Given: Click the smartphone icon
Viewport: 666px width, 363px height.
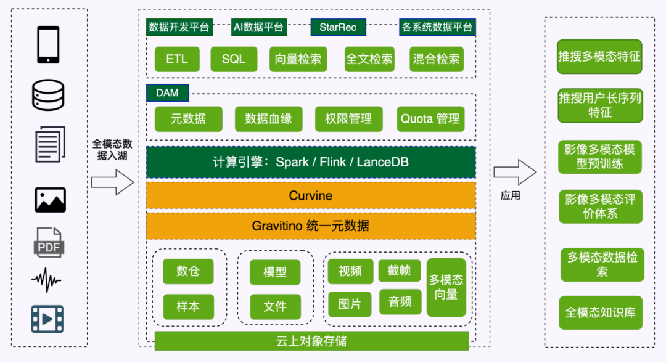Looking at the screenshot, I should click(48, 45).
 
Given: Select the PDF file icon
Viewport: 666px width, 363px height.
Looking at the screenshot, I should click(48, 242).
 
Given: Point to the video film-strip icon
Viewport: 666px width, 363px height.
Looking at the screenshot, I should click(48, 319).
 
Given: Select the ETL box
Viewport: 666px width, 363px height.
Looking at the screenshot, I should click(177, 59).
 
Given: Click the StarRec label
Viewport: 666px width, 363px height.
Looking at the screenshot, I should click(338, 27).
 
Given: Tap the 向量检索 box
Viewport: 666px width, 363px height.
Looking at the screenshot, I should click(298, 59).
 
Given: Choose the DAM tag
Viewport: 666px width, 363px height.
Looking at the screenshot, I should click(167, 93).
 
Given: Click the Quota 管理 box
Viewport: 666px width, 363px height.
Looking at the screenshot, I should click(430, 119).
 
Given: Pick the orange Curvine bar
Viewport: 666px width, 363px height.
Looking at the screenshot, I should click(311, 196).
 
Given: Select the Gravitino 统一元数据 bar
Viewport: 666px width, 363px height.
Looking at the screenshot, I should click(311, 226).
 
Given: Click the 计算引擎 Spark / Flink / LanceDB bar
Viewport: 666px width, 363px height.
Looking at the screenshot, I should click(311, 163).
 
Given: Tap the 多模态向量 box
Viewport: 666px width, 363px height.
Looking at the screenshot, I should click(446, 287).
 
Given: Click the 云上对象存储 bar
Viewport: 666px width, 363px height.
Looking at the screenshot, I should click(311, 341).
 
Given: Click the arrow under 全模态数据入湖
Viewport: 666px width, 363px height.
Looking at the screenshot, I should click(112, 182).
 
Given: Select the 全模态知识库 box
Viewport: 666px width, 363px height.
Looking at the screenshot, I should click(600, 312).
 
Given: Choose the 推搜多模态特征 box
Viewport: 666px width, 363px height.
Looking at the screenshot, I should click(599, 57).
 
